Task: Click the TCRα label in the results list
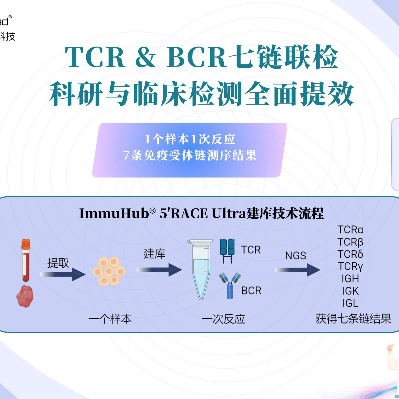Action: coord(350,230)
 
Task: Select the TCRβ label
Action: coord(350,242)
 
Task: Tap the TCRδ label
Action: coord(350,254)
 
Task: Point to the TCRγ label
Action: coord(350,266)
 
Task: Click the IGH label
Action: coord(350,279)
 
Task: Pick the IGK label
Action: coord(350,291)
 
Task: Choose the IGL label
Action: coord(350,303)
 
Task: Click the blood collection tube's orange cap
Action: coord(26,244)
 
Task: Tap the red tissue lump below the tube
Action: coord(25,297)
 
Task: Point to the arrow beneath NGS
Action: coord(298,270)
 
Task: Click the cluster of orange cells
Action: coord(109,271)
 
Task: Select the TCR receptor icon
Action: coord(227,250)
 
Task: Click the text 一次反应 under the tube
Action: coord(223,319)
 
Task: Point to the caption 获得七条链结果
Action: coord(353,319)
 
